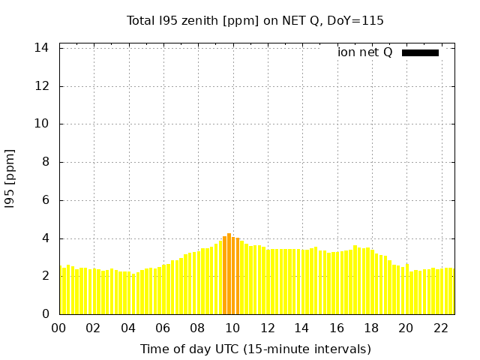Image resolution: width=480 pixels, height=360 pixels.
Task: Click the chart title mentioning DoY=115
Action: pyautogui.click(x=255, y=20)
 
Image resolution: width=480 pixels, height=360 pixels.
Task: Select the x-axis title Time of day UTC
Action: pyautogui.click(x=255, y=349)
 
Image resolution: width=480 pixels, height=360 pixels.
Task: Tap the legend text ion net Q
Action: pyautogui.click(x=364, y=52)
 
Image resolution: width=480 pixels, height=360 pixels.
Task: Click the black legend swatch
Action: pyautogui.click(x=420, y=52)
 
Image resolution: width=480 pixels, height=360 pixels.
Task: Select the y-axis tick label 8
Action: pyautogui.click(x=45, y=162)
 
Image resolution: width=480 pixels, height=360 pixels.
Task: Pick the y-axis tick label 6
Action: pyautogui.click(x=45, y=200)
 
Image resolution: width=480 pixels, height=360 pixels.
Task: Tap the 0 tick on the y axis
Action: pyautogui.click(x=45, y=314)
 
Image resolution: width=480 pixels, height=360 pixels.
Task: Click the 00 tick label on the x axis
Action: pyautogui.click(x=58, y=328)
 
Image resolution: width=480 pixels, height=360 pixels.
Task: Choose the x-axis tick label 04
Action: pyautogui.click(x=128, y=328)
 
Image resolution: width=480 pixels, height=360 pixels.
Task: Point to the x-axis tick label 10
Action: pyautogui.click(x=232, y=328)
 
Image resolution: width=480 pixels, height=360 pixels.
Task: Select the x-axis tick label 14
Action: pyautogui.click(x=301, y=328)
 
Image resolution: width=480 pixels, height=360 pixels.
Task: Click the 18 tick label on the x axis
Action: pyautogui.click(x=371, y=328)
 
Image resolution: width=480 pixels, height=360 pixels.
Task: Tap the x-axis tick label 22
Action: pyautogui.click(x=440, y=328)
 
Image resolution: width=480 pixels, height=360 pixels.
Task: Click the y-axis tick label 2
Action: pyautogui.click(x=45, y=276)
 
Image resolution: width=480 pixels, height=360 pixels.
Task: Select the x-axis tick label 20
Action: pyautogui.click(x=406, y=328)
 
